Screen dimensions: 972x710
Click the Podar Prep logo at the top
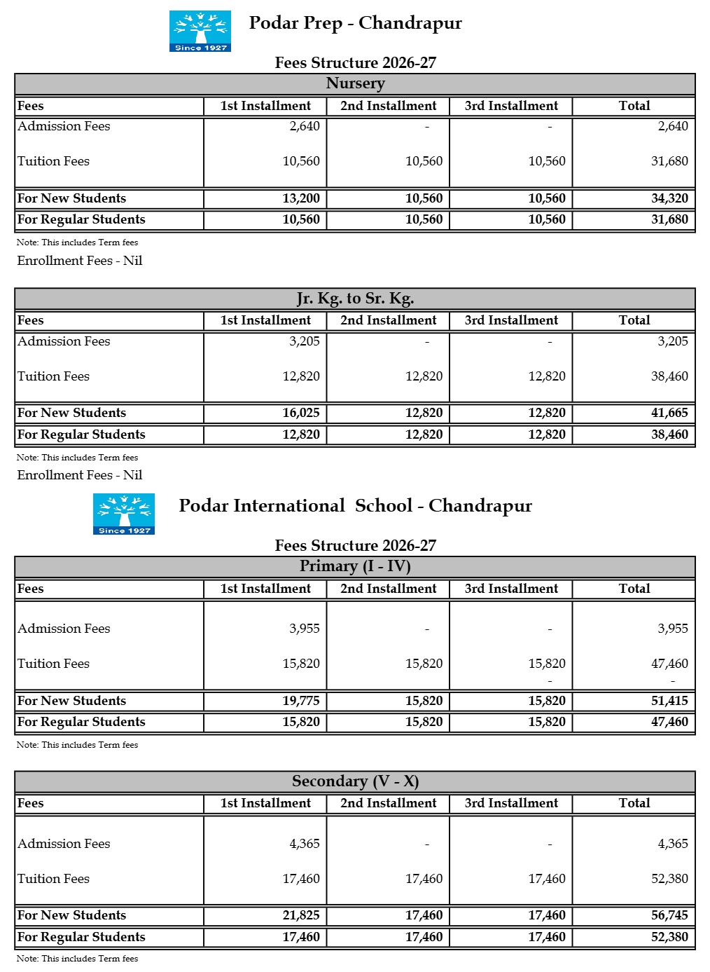(200, 31)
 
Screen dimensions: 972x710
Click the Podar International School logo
(124, 514)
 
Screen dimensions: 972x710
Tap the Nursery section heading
(355, 83)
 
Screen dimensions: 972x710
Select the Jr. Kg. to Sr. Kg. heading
(355, 299)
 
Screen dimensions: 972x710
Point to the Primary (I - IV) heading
(355, 566)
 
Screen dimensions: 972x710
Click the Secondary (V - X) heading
(355, 781)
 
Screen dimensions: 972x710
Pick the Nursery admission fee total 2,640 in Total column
(672, 126)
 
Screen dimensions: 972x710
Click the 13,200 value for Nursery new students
(301, 198)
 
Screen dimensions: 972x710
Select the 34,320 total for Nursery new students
(669, 198)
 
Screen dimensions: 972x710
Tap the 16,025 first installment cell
(301, 413)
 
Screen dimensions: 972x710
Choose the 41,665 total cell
(669, 413)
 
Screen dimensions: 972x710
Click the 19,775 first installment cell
(301, 701)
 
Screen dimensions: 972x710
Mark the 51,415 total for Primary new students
(669, 701)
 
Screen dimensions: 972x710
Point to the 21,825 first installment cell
(301, 915)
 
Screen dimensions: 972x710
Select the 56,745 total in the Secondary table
(669, 915)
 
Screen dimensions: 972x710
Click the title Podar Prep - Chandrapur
(355, 23)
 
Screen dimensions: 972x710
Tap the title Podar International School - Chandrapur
(355, 506)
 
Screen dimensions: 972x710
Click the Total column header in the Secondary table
(634, 803)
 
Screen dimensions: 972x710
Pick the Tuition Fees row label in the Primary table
(54, 664)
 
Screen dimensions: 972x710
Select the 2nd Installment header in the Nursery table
(388, 106)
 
